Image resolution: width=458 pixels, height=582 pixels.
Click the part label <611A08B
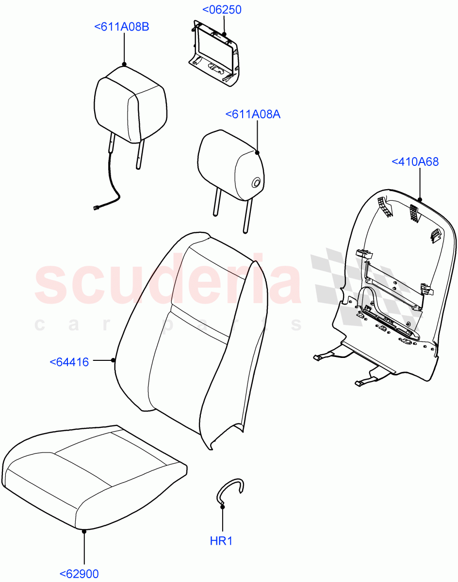click(121, 27)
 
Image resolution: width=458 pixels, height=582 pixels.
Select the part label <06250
click(221, 10)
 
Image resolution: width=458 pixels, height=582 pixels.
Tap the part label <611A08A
click(253, 114)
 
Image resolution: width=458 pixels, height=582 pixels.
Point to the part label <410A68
click(415, 162)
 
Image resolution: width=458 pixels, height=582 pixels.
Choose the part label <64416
click(69, 361)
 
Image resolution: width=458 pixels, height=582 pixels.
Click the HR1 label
click(221, 541)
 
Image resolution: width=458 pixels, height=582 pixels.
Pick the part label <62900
click(79, 574)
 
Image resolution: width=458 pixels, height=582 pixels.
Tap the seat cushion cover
click(92, 475)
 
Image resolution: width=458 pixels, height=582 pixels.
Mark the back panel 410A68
click(393, 291)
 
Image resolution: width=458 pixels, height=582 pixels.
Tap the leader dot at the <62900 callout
click(84, 532)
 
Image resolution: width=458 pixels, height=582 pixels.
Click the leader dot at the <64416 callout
click(113, 360)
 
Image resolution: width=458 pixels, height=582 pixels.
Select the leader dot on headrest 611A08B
click(124, 64)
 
